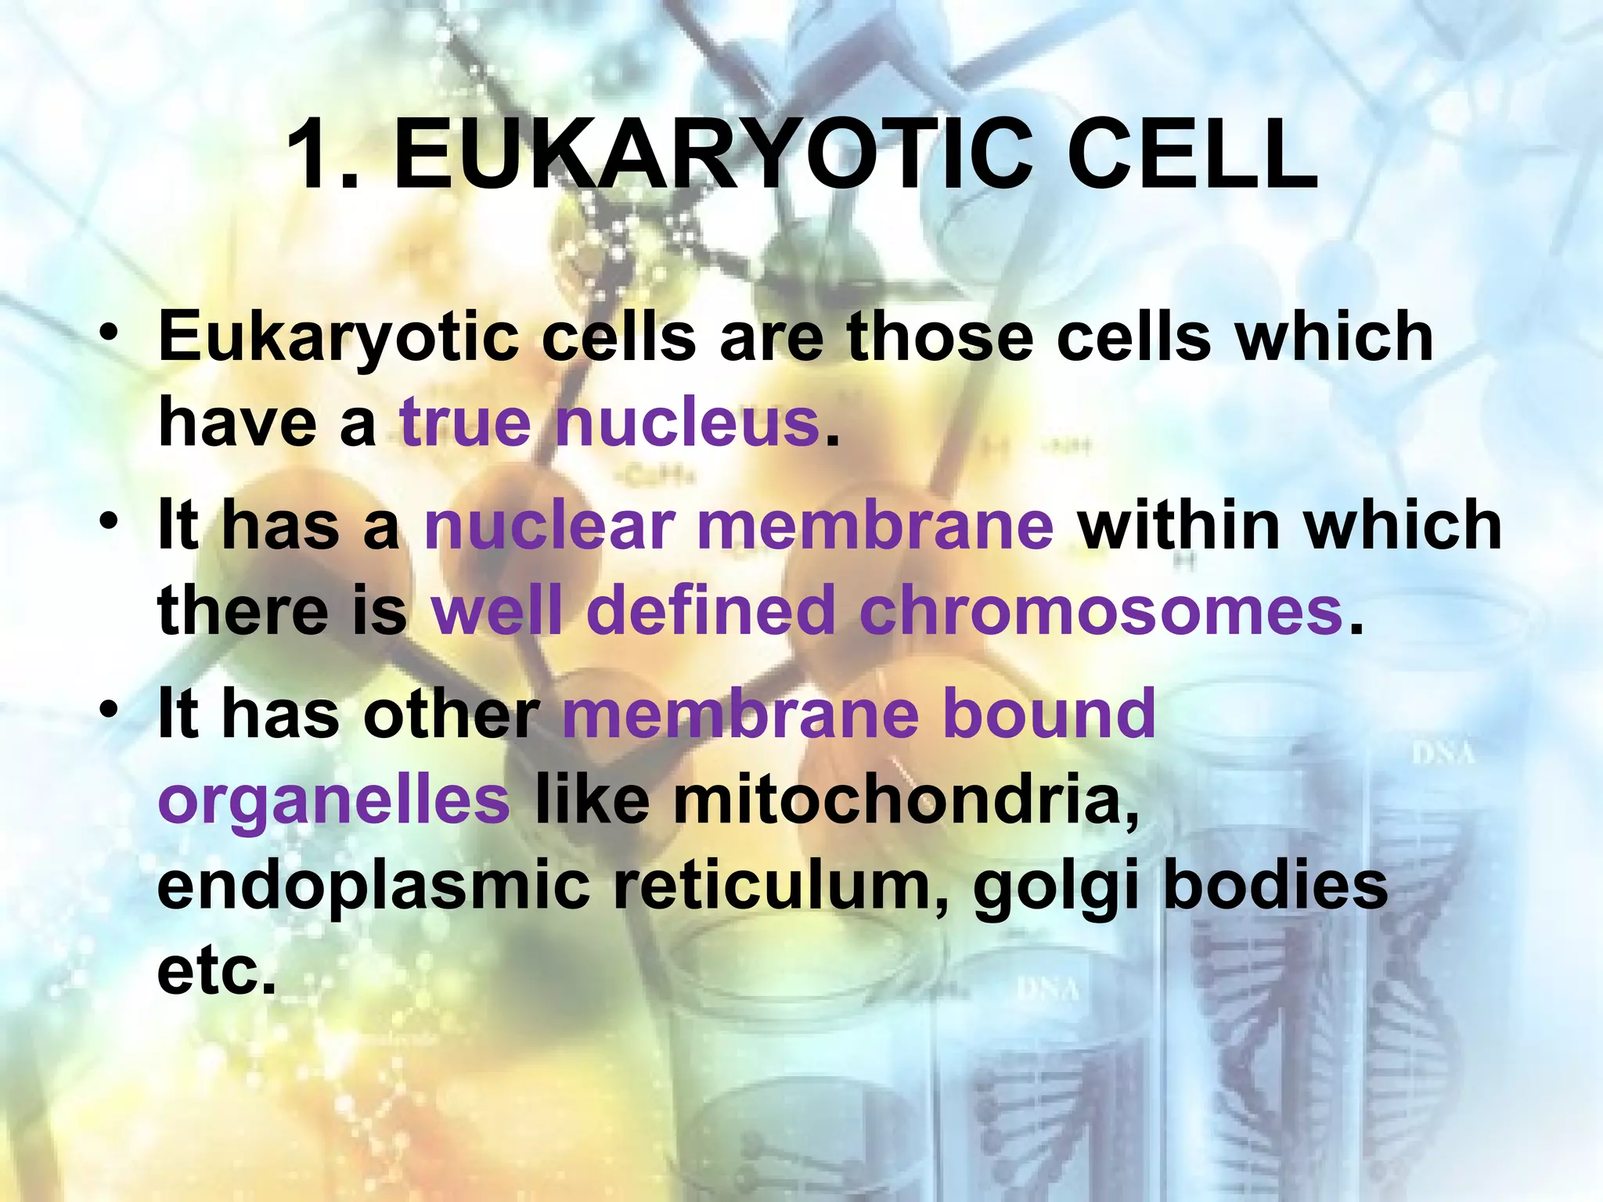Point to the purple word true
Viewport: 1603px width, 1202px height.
pyautogui.click(x=466, y=423)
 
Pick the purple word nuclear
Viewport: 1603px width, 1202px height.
pyautogui.click(x=549, y=525)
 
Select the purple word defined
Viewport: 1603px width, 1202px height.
pyautogui.click(x=711, y=611)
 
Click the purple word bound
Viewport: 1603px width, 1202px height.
pyautogui.click(x=1049, y=713)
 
